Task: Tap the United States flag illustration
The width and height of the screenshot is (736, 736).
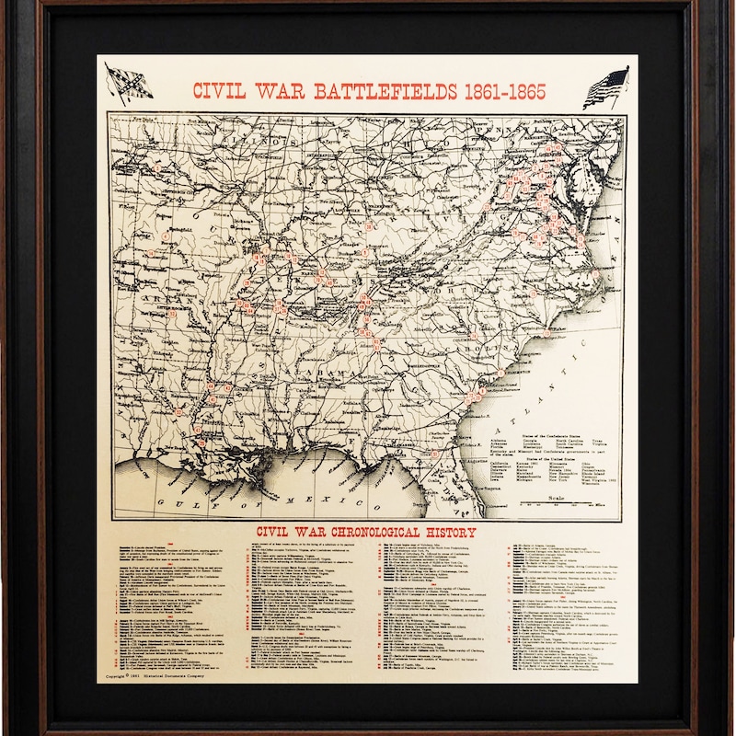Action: (605, 87)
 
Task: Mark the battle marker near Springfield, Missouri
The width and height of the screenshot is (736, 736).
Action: (167, 236)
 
